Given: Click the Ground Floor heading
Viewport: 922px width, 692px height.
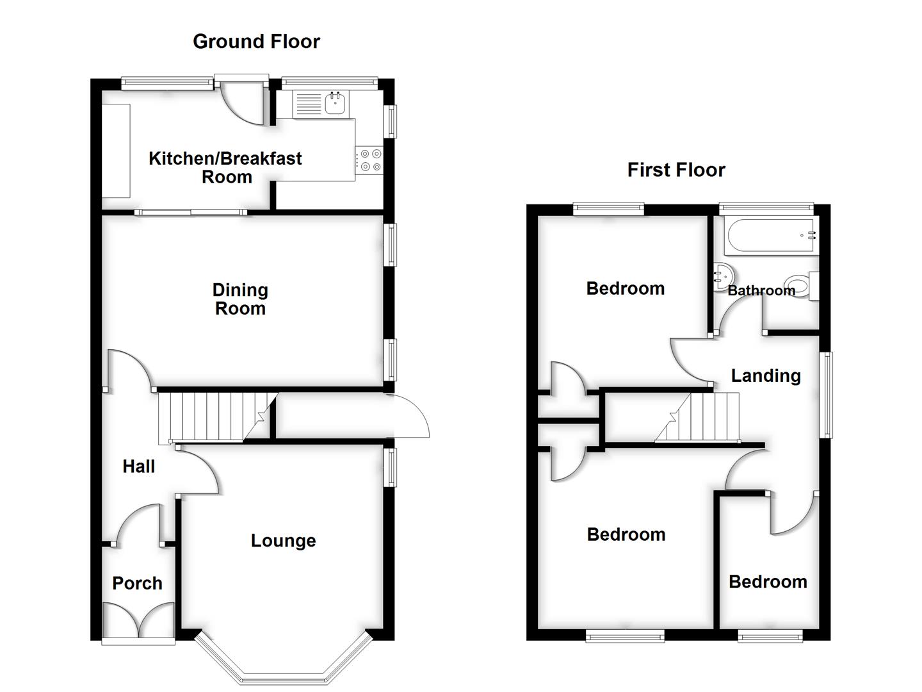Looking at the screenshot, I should coord(256,42).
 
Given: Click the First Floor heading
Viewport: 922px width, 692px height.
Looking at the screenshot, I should coord(676,170).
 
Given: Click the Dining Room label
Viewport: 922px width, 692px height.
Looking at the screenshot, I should coord(240,299).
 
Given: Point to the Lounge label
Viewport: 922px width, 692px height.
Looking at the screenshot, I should coord(283,541).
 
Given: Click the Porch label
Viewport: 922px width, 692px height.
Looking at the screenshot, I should coord(137,583).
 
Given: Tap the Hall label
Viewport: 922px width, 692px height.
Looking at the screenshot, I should coord(138,466).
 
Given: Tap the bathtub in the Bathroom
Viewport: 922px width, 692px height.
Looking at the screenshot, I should coord(772,235).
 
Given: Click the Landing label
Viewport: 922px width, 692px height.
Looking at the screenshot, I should coord(766,375).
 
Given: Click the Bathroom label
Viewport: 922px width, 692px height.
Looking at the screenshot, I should coord(761,291).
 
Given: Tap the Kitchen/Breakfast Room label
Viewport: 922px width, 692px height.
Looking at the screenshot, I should coord(225,167).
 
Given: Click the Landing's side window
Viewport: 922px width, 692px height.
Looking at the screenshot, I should coord(827,395).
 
